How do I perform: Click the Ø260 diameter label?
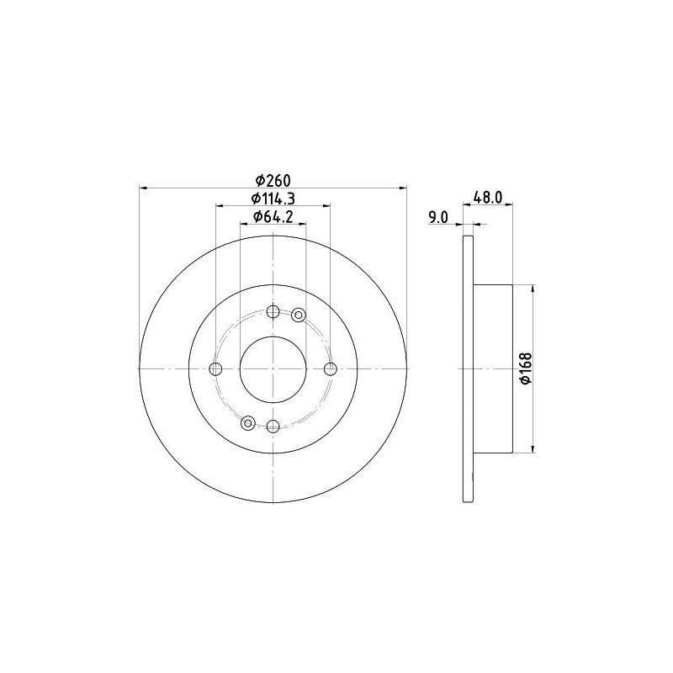tap(273, 181)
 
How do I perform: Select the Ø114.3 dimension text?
tap(273, 199)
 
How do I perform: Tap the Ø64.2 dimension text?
tap(273, 217)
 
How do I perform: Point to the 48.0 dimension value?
tap(487, 198)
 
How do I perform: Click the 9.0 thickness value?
tap(437, 218)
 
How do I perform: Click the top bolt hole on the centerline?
tap(273, 311)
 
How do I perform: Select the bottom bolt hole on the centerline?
tap(273, 427)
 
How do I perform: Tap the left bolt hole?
tap(215, 368)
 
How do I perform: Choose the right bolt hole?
tap(331, 368)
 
